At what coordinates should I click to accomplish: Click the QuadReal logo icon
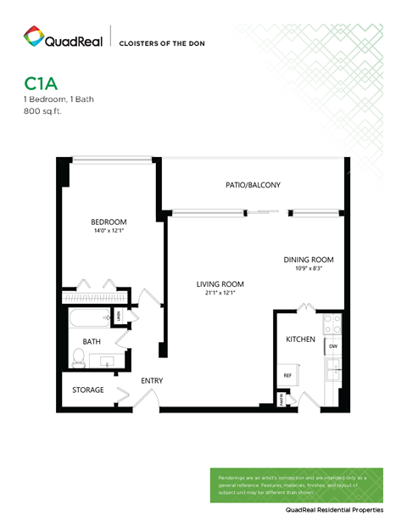(x=33, y=37)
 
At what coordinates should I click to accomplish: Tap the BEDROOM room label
(x=109, y=222)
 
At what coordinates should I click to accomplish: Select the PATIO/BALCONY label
(x=253, y=184)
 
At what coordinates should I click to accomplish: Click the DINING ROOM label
(x=308, y=260)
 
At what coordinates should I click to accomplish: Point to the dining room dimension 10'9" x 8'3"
(x=308, y=268)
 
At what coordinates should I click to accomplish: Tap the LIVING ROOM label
(x=220, y=284)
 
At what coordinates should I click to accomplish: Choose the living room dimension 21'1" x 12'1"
(x=220, y=293)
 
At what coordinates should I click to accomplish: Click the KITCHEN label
(x=300, y=339)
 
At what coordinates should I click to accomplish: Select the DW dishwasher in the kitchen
(x=332, y=346)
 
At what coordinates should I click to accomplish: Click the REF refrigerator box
(x=287, y=375)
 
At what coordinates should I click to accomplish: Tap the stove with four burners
(x=332, y=323)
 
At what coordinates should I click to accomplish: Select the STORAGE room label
(x=87, y=390)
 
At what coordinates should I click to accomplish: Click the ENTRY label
(x=152, y=381)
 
